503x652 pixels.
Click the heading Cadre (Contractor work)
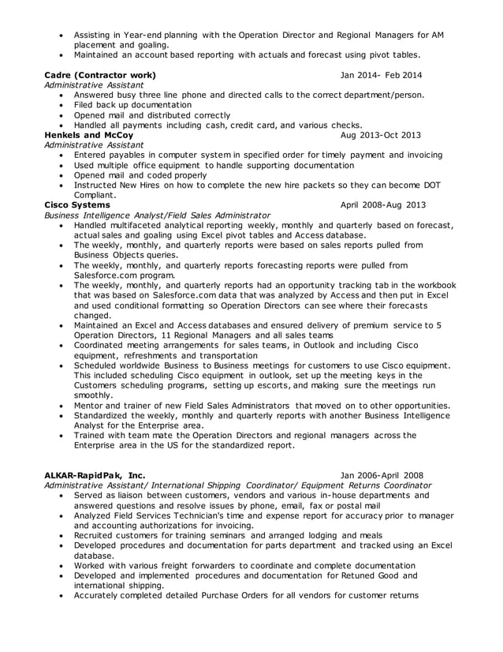100,75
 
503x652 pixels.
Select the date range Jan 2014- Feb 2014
381,75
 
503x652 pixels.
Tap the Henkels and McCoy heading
89,135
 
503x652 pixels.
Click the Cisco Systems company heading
78,204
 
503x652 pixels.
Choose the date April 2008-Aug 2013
382,204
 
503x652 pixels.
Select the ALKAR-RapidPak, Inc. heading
95,474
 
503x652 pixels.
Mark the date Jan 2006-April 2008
382,474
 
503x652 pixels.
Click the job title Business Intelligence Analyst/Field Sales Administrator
158,215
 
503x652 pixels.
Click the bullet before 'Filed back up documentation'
62,105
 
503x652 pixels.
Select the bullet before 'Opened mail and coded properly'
62,174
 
